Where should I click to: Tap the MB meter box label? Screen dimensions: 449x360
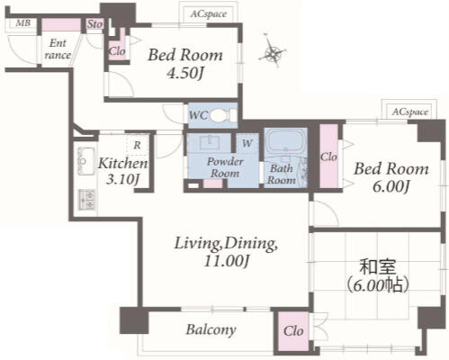click(23, 22)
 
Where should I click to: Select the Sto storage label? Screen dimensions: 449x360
click(94, 24)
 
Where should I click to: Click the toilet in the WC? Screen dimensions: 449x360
click(223, 115)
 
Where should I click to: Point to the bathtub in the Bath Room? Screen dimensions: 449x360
click(286, 140)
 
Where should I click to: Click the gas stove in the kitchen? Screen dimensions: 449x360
click(87, 199)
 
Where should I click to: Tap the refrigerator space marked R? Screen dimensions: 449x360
click(137, 145)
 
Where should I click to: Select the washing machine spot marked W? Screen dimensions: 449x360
click(247, 143)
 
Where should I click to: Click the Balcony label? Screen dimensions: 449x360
click(211, 329)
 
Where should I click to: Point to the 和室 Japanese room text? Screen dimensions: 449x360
click(378, 266)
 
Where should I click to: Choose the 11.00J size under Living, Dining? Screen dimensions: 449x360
click(227, 260)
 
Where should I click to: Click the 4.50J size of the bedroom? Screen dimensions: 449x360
click(185, 73)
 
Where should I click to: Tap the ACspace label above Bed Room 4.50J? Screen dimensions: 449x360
click(209, 13)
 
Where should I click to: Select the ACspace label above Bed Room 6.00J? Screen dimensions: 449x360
click(410, 112)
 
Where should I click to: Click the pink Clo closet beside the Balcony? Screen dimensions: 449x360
click(293, 331)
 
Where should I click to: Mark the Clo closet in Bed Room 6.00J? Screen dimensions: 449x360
click(328, 157)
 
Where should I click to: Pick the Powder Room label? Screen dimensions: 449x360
click(225, 167)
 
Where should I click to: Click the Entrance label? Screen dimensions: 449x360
click(58, 49)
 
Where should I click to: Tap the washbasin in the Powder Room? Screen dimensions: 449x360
click(210, 142)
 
